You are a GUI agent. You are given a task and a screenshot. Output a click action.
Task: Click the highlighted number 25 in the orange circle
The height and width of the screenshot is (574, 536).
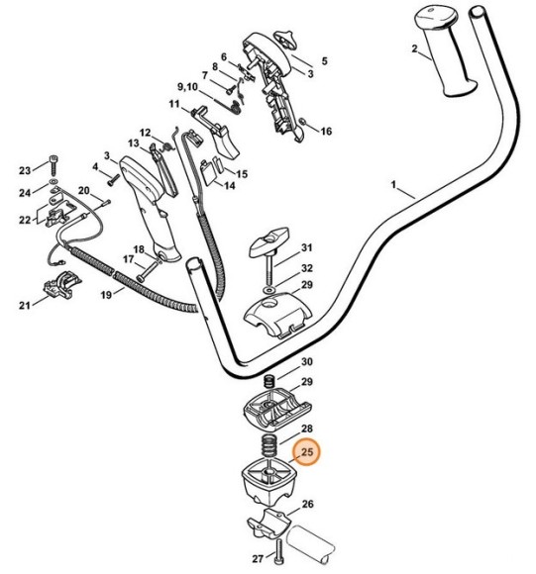point(307,453)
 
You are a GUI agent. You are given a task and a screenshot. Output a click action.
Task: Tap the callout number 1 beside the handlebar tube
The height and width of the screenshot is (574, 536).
point(394,185)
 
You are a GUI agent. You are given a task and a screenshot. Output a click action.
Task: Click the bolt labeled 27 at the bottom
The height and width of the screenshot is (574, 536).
point(281,551)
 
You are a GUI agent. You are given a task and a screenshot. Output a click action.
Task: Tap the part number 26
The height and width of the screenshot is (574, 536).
point(307,504)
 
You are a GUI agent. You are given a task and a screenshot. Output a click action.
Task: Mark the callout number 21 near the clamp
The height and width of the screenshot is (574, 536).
point(24,307)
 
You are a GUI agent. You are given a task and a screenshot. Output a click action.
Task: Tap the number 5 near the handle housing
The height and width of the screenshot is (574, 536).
point(324,60)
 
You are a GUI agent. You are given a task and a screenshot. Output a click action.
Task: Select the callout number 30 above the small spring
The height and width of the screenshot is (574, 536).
point(307,362)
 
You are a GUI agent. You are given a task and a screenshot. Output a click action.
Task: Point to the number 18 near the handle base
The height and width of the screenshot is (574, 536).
point(139,248)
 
